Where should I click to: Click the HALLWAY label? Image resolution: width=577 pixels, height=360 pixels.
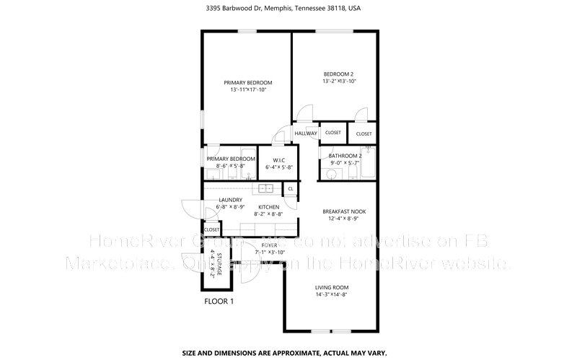(306, 133)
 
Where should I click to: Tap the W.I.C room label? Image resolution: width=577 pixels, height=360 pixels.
(278, 159)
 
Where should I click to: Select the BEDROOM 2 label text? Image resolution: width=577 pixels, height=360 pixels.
(339, 74)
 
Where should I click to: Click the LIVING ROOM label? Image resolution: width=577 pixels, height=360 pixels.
(332, 287)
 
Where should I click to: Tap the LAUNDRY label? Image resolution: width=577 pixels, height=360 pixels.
(225, 200)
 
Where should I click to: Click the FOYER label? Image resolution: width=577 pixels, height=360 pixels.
(269, 245)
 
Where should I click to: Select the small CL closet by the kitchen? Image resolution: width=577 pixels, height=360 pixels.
(291, 189)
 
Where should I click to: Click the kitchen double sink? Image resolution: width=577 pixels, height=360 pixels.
(265, 189)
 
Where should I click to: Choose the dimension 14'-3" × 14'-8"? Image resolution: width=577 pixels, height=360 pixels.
(332, 294)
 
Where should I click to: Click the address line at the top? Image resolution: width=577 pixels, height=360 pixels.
(288, 9)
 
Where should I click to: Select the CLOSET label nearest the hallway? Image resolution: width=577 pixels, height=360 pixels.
(332, 133)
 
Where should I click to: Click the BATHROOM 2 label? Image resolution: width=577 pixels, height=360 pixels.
(345, 156)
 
